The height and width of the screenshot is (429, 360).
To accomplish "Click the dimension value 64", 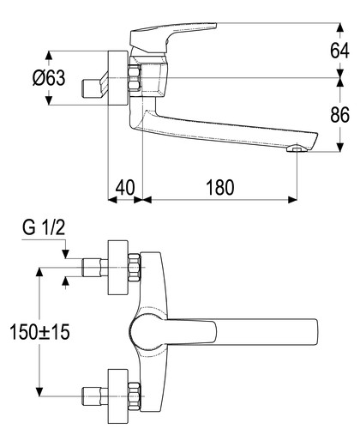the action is click(339, 51).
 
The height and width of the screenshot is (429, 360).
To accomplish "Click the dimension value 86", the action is click(339, 115).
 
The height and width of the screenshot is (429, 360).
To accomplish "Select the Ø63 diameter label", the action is click(49, 78).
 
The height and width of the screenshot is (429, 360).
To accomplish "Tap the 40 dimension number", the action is click(125, 188).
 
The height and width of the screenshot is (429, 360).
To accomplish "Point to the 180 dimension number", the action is click(220, 188).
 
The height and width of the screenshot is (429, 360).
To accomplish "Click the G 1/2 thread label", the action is click(44, 227).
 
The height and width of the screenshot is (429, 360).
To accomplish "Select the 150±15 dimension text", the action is click(39, 332).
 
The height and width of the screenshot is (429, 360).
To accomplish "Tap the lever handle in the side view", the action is click(173, 38).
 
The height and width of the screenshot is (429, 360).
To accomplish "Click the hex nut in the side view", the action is click(134, 78).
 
